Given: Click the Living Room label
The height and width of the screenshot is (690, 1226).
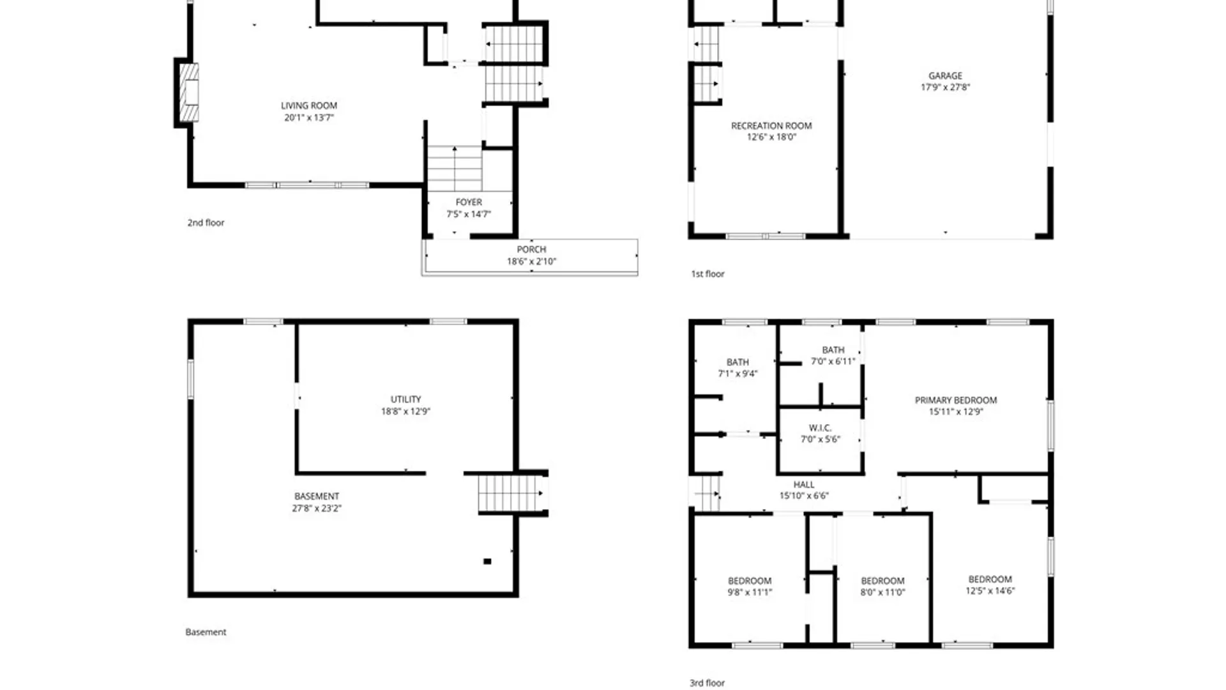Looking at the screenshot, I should click(x=309, y=106).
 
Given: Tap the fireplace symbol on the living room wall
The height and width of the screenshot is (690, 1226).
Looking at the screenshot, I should click(x=189, y=93).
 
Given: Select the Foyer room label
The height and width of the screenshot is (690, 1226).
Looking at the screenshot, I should click(x=469, y=203).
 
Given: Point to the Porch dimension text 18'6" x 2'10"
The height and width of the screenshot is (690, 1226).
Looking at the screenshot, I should click(x=531, y=261).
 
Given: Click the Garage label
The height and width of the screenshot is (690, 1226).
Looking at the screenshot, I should click(x=945, y=76).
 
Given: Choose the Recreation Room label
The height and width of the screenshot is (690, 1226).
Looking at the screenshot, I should click(x=771, y=126).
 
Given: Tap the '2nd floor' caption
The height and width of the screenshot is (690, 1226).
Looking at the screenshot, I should click(x=206, y=223).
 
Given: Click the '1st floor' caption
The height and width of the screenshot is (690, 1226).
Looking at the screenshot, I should click(x=708, y=274).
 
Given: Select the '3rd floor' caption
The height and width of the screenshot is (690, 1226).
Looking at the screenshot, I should click(x=707, y=683).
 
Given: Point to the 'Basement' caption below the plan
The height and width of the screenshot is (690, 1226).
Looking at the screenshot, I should click(x=206, y=632).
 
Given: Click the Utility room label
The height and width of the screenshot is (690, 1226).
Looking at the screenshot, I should click(x=405, y=399).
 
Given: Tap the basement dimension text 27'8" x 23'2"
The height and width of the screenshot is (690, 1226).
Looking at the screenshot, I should click(x=317, y=509).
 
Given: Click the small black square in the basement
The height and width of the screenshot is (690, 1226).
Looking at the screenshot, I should click(x=487, y=562).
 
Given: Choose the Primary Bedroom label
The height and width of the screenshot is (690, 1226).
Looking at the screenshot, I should click(x=955, y=401).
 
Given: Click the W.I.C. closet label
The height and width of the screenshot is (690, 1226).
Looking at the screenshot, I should click(x=820, y=428).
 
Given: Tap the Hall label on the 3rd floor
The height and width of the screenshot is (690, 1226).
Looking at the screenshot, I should click(x=804, y=485).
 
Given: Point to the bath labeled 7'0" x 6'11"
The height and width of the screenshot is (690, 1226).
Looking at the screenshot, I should click(x=833, y=356).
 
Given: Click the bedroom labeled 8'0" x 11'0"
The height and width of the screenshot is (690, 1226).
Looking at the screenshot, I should click(x=882, y=586).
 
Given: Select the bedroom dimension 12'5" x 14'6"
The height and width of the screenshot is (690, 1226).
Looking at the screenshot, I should click(x=990, y=591).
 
